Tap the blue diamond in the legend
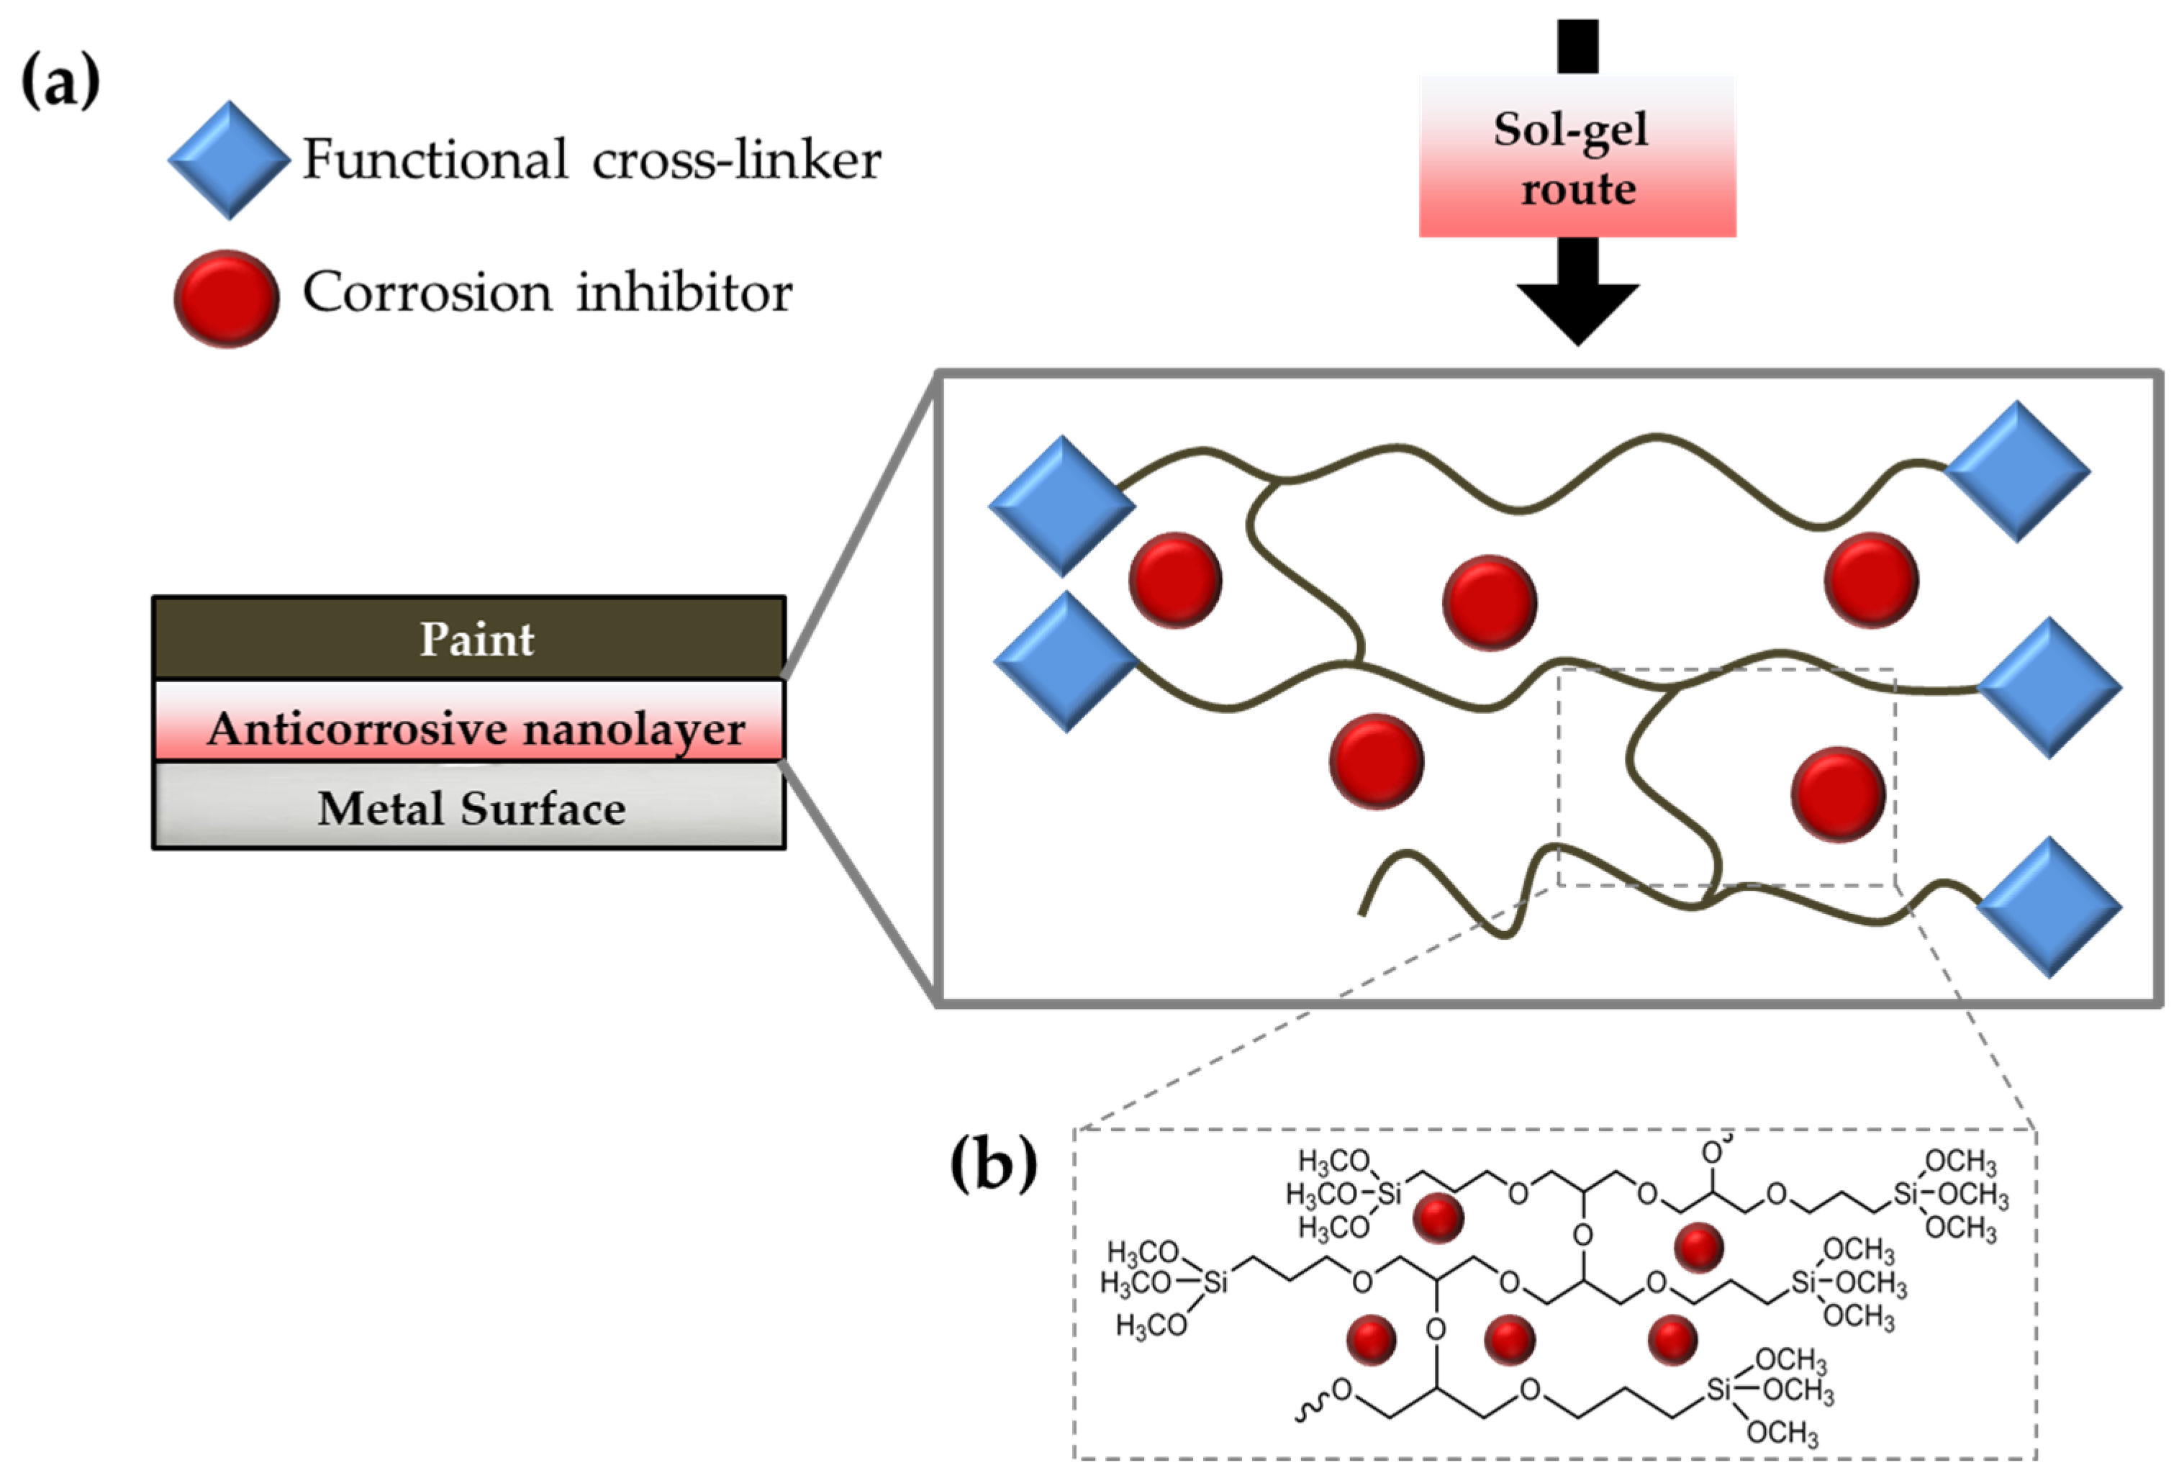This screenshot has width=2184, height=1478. [x=228, y=160]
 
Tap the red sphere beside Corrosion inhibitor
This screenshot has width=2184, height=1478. [x=227, y=299]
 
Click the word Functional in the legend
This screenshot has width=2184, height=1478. [x=435, y=159]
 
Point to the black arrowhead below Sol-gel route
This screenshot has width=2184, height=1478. [x=1578, y=314]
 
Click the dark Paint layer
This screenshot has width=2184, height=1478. [x=469, y=638]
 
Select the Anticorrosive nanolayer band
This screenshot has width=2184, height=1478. [x=469, y=721]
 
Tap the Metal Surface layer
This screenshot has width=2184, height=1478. [x=469, y=806]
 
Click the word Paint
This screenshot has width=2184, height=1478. [x=476, y=640]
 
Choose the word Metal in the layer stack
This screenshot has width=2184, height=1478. [x=383, y=808]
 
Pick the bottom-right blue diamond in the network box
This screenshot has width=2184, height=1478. [x=2049, y=907]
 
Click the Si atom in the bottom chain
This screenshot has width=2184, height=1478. [x=1719, y=1388]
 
